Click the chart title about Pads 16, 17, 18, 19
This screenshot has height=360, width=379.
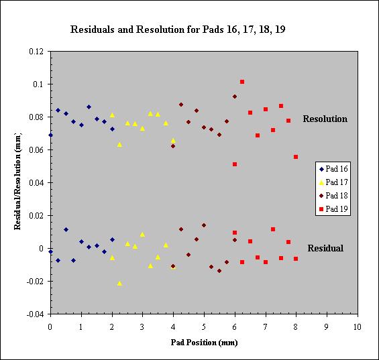(178, 29)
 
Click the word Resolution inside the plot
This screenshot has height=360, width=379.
(325, 119)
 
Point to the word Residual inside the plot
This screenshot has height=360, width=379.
(325, 248)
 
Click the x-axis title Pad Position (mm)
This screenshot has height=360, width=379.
(204, 343)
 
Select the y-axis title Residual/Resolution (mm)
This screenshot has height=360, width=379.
(17, 181)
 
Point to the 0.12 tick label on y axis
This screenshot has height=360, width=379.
(36, 52)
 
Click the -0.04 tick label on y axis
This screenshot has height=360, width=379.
(36, 314)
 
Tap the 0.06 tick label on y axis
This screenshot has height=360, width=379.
(36, 150)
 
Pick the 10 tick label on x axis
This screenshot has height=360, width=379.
(358, 327)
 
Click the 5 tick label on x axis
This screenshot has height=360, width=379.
(204, 327)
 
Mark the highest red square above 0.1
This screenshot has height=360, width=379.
(242, 82)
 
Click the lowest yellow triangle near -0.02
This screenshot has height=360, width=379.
(119, 284)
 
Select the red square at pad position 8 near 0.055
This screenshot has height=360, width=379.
(296, 157)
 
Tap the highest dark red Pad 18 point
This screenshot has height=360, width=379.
(235, 97)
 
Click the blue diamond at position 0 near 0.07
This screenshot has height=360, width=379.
(50, 135)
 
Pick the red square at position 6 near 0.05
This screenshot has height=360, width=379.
(235, 164)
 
